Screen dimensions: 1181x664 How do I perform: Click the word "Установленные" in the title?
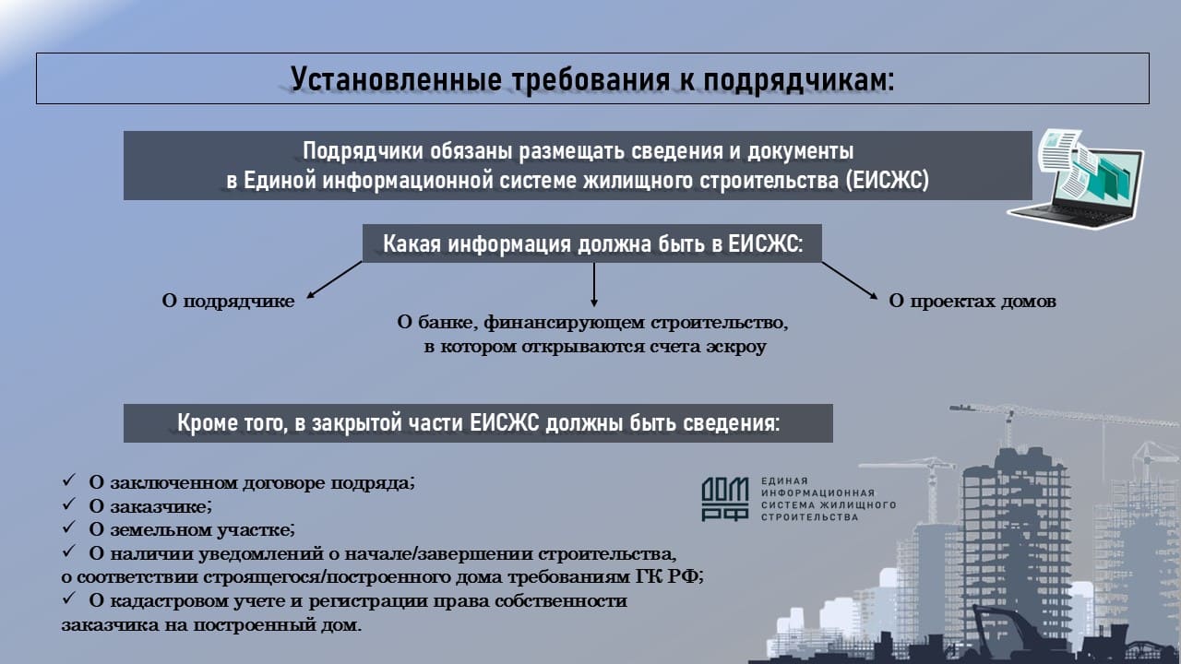[396, 79]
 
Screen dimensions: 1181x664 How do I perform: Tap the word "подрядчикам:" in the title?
[799, 80]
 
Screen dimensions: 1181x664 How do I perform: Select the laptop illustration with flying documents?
[1077, 178]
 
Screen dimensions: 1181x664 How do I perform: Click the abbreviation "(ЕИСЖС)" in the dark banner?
[888, 180]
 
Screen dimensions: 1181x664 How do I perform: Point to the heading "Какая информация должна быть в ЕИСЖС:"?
[592, 243]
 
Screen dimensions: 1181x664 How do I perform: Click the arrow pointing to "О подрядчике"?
[334, 279]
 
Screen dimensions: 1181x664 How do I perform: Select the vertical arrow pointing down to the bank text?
[593, 285]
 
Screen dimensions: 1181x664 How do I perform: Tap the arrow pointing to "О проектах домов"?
[850, 280]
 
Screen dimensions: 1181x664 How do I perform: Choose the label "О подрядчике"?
[228, 302]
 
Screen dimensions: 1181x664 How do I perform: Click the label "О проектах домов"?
[972, 302]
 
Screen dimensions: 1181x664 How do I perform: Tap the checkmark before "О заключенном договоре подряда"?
[69, 480]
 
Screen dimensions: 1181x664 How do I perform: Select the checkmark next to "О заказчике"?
[69, 504]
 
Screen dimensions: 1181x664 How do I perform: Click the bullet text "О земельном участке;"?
[192, 529]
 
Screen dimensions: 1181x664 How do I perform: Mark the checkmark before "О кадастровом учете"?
[69, 598]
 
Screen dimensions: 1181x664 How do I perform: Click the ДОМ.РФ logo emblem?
[725, 499]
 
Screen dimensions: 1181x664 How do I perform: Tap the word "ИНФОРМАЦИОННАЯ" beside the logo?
[817, 493]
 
